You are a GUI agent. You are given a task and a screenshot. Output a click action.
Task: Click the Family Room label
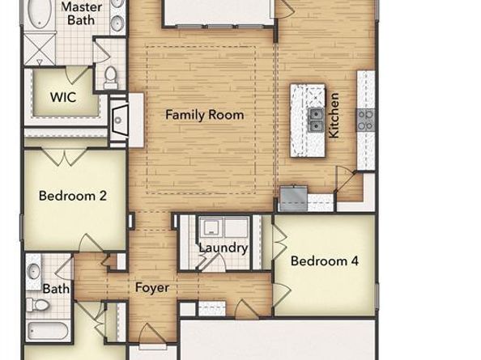tap(205, 115)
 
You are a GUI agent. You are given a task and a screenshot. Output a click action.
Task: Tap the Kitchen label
tap(334, 116)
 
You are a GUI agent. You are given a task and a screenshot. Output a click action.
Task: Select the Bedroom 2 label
tap(73, 196)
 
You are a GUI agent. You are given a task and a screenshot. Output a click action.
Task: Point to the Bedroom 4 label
tap(325, 261)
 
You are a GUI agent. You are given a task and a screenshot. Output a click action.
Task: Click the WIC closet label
tap(63, 97)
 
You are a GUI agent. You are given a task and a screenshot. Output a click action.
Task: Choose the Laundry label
tap(223, 248)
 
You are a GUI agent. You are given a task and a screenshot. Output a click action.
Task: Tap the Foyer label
tap(152, 288)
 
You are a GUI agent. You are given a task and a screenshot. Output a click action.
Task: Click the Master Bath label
tap(81, 14)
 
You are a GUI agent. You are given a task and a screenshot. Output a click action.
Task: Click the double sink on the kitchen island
tap(316, 120)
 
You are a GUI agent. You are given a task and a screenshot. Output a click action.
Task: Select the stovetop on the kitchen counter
tap(365, 120)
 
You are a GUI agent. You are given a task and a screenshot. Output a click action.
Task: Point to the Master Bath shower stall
tap(40, 49)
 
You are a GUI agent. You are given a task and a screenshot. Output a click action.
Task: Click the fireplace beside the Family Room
tap(119, 120)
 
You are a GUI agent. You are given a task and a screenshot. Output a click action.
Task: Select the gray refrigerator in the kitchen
tap(294, 198)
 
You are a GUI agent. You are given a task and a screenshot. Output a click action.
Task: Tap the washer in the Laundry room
tap(211, 227)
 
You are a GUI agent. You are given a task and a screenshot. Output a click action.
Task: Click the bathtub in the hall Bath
tap(48, 331)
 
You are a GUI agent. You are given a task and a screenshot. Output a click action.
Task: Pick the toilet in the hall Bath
tap(38, 305)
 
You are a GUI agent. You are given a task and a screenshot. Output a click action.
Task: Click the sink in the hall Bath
tap(33, 272)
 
